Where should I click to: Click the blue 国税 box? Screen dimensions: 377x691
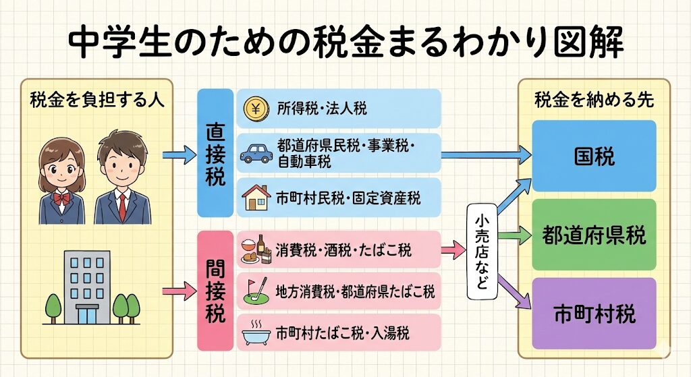pyautogui.click(x=594, y=156)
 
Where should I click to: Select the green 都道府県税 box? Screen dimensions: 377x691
pyautogui.click(x=594, y=235)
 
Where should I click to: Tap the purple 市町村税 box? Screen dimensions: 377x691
pyautogui.click(x=594, y=314)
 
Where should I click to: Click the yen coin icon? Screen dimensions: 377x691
pyautogui.click(x=256, y=108)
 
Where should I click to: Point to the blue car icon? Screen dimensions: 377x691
pyautogui.click(x=256, y=153)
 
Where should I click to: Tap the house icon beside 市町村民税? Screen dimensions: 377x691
pyautogui.click(x=256, y=198)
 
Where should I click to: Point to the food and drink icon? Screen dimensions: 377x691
pyautogui.click(x=256, y=249)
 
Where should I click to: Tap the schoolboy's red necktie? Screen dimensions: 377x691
pyautogui.click(x=122, y=205)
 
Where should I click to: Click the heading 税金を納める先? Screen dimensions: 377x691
pyautogui.click(x=593, y=99)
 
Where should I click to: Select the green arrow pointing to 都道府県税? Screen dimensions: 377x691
pyautogui.click(x=516, y=235)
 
